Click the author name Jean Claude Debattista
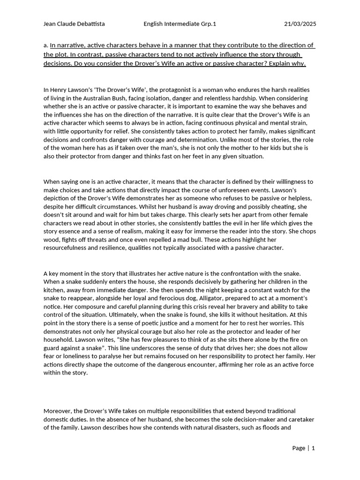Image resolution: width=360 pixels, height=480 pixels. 74,24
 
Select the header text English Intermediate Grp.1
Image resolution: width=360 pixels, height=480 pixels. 180,24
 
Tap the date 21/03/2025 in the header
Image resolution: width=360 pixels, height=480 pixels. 300,24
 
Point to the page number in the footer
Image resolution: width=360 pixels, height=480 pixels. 313,448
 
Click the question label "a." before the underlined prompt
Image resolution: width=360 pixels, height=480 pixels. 46,46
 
